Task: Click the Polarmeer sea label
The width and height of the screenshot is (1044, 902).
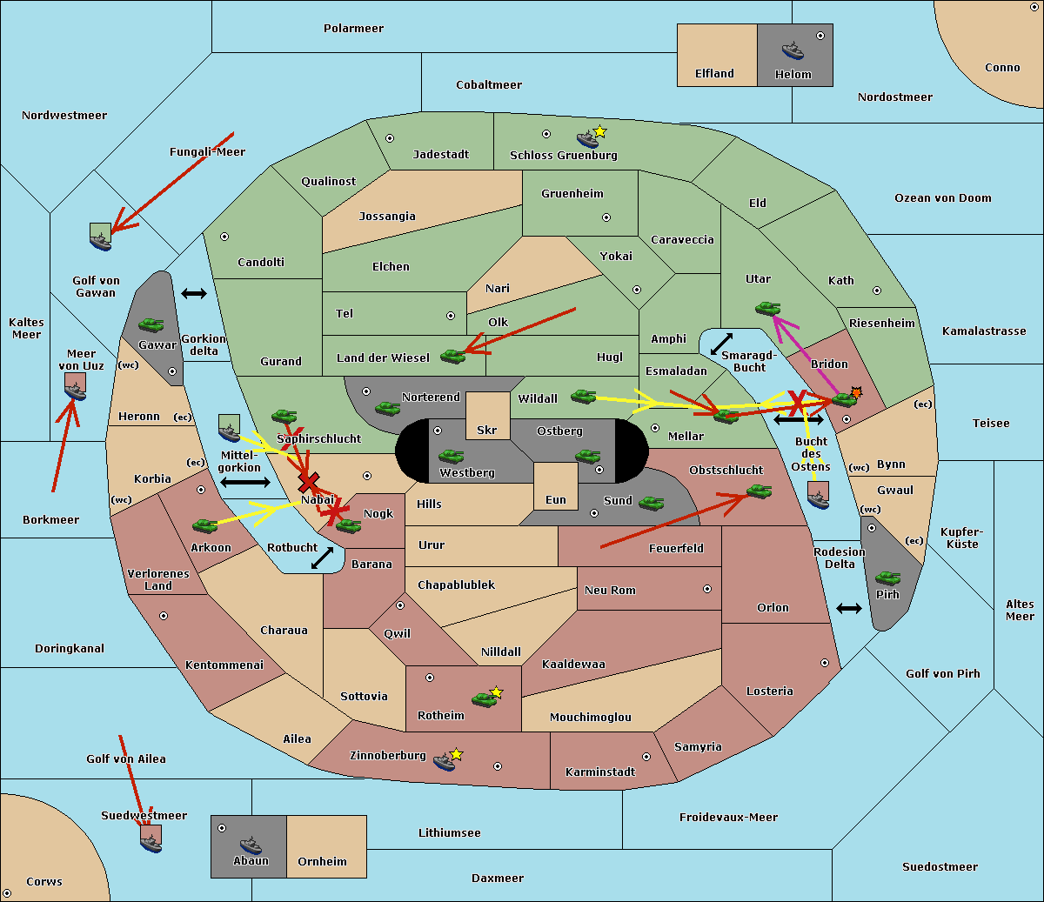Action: pyautogui.click(x=353, y=29)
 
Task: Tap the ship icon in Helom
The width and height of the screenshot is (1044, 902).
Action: pyautogui.click(x=792, y=50)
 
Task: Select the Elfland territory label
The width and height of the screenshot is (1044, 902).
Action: pyautogui.click(x=714, y=74)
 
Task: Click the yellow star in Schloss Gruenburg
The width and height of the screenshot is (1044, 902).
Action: pyautogui.click(x=599, y=131)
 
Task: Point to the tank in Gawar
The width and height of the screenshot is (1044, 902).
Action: pyautogui.click(x=151, y=325)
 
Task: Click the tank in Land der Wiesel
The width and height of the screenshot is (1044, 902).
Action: pyautogui.click(x=452, y=356)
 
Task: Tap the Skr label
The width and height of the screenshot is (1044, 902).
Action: pyautogui.click(x=487, y=430)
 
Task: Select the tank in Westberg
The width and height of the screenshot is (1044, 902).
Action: pyautogui.click(x=451, y=456)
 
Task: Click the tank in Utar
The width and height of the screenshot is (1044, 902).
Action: pyautogui.click(x=767, y=308)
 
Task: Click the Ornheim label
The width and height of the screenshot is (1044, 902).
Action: pyautogui.click(x=322, y=862)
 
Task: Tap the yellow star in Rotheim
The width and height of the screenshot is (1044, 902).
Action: pyautogui.click(x=497, y=692)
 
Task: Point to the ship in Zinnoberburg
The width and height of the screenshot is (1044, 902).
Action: pyautogui.click(x=445, y=762)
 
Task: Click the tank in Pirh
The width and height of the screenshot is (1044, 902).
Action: pyautogui.click(x=887, y=578)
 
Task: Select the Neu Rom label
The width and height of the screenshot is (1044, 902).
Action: pyautogui.click(x=610, y=591)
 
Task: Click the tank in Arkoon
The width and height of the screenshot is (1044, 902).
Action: pyautogui.click(x=204, y=525)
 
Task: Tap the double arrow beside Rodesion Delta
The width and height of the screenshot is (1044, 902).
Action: pyautogui.click(x=849, y=608)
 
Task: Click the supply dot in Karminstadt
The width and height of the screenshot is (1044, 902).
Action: pyautogui.click(x=646, y=757)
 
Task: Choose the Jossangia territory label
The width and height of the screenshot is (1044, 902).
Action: pyautogui.click(x=387, y=217)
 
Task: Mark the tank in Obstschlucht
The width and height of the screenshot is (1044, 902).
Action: pyautogui.click(x=759, y=491)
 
